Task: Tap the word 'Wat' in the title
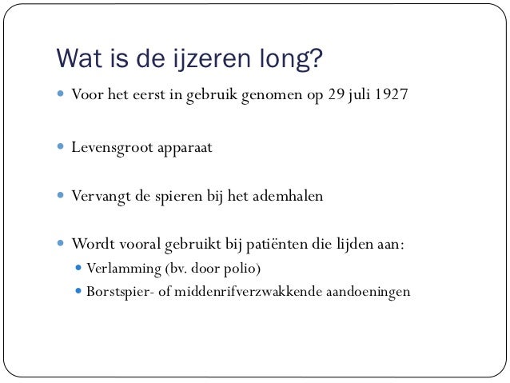[77, 60]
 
